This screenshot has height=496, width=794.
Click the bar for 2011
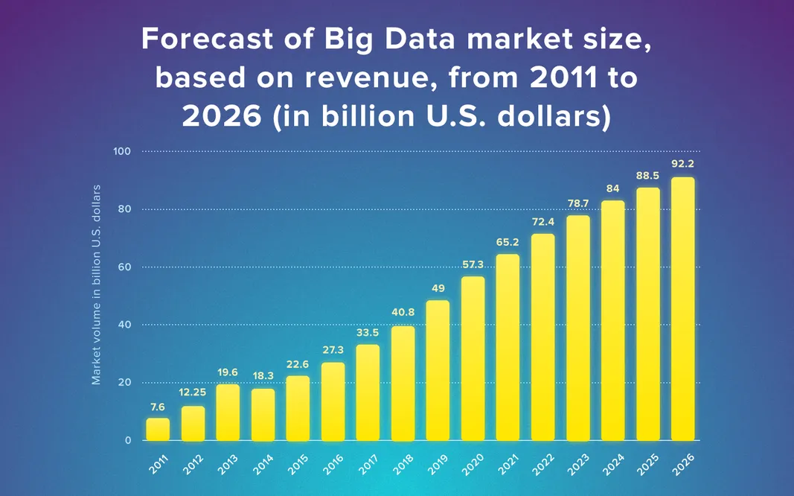(x=158, y=429)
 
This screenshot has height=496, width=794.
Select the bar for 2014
(x=263, y=414)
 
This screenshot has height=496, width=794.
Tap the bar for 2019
(x=438, y=370)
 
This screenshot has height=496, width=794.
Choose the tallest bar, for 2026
(x=682, y=308)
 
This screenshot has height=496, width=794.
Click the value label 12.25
(x=193, y=392)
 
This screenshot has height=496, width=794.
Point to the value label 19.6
(x=228, y=372)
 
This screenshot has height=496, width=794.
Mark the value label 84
(x=612, y=188)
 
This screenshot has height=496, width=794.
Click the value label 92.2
(x=682, y=164)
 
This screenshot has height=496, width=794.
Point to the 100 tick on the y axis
(x=122, y=152)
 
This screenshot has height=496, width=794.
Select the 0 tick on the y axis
(x=127, y=440)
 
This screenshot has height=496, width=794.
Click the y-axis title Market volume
(x=96, y=284)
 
